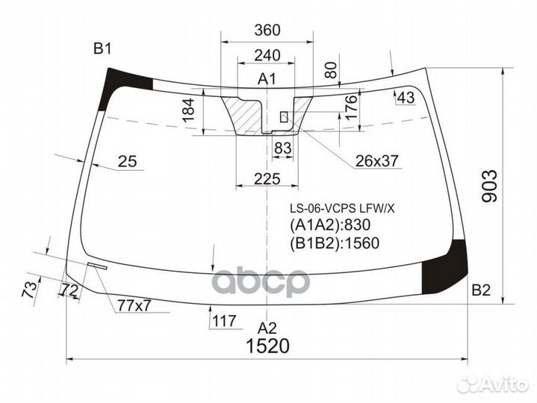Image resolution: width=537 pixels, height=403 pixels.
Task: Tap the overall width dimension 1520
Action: (267, 346)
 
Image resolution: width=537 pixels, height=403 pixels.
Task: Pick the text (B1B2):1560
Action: (334, 243)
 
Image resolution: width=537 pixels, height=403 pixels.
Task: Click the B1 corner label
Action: (102, 49)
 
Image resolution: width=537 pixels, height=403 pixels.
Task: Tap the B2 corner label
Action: (480, 290)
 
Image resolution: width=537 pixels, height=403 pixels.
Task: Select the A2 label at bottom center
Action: (267, 327)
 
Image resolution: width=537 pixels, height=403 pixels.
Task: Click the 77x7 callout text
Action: (134, 304)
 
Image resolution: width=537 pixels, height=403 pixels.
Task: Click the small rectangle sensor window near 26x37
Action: (284, 116)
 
